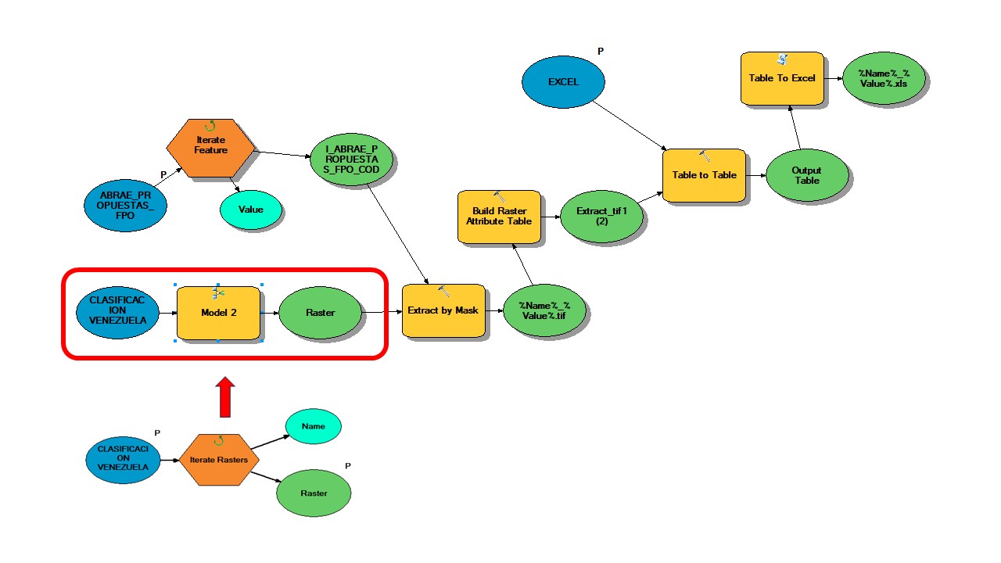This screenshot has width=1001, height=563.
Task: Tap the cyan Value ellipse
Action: point(251,210)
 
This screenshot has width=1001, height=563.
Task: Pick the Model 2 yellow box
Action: point(218,313)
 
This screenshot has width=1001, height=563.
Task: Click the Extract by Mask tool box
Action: point(443,310)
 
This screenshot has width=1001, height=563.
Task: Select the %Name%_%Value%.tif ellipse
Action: point(545,310)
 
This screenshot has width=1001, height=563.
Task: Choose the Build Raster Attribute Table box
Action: point(499,216)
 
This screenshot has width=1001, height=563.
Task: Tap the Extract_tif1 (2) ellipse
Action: point(603,217)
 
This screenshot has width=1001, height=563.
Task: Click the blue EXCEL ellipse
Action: point(563,81)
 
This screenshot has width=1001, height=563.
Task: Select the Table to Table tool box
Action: point(704,175)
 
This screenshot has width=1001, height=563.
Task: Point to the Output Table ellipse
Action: point(806,175)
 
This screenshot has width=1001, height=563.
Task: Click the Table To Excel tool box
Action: point(782,78)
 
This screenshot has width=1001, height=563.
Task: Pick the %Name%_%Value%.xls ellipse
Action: point(883,78)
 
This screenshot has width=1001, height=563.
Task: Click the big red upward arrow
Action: point(225,396)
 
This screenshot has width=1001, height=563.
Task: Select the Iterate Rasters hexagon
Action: point(219,460)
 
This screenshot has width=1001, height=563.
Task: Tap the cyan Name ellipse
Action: point(313,426)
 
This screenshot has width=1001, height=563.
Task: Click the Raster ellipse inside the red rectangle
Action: point(321,313)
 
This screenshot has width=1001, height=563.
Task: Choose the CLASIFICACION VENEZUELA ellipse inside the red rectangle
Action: point(118,313)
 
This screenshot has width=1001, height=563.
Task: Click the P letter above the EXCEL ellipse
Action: point(601,52)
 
